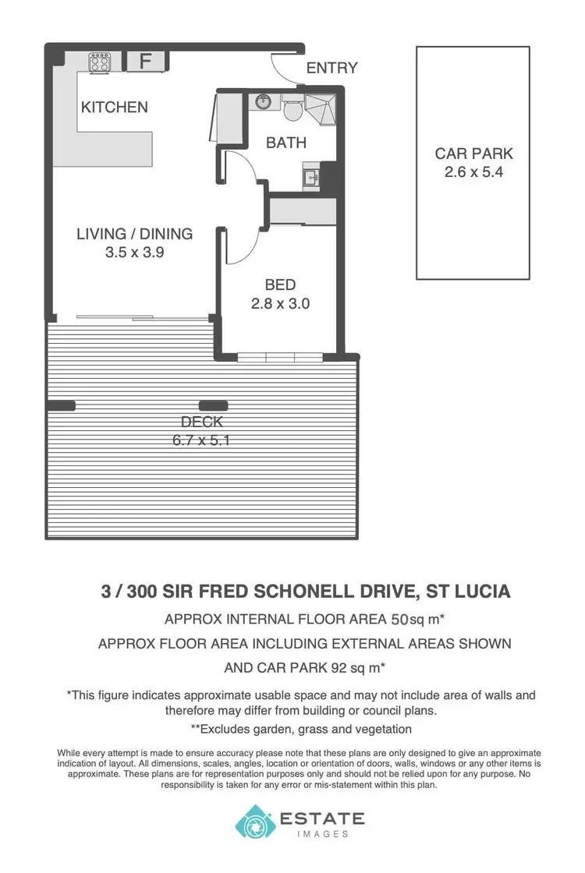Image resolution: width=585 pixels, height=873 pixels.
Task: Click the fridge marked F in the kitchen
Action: point(144,61)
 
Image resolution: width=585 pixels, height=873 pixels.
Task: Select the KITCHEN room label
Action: point(115,107)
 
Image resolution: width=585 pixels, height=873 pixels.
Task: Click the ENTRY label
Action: point(331,69)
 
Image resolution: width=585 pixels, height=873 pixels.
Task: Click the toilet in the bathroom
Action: point(293,110)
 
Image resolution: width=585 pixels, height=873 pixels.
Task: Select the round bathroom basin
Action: point(262,101)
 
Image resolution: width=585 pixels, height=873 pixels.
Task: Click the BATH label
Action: point(285,143)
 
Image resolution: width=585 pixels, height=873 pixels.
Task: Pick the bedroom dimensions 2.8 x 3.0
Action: point(280,304)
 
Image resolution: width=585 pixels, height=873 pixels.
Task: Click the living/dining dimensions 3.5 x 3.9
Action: point(134,253)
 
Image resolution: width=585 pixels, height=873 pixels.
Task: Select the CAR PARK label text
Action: point(473,154)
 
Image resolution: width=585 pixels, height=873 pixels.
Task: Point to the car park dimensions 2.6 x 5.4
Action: point(473,172)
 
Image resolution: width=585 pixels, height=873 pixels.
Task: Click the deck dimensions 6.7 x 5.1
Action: point(202,440)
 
